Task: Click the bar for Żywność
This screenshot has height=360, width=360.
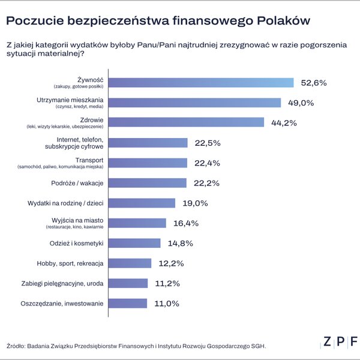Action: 201,83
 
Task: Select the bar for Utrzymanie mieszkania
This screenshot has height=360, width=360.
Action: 195,103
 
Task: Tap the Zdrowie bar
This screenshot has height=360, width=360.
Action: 187,122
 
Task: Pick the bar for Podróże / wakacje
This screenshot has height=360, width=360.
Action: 148,182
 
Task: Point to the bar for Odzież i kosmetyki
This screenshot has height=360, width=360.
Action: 135,243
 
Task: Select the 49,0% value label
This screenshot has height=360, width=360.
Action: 300,103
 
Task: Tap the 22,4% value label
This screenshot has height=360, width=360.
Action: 206,163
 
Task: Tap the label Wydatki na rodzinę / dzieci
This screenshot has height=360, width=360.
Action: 66,203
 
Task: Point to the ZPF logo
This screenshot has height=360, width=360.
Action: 340,341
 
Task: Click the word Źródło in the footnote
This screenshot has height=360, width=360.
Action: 18,346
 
